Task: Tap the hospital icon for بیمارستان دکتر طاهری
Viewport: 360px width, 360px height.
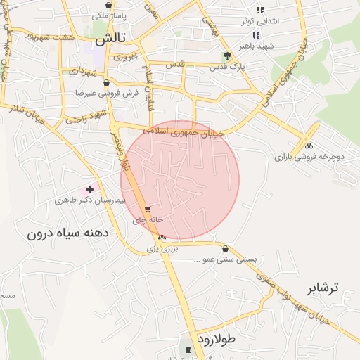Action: pyautogui.click(x=89, y=189)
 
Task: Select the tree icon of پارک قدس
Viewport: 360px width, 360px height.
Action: pyautogui.click(x=226, y=56)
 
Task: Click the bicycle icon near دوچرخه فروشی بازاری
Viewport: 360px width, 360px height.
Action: pyautogui.click(x=309, y=146)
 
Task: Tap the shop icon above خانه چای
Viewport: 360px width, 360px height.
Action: pyautogui.click(x=148, y=210)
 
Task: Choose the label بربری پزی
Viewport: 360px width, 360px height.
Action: pyautogui.click(x=163, y=248)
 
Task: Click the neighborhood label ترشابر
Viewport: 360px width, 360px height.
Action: pyautogui.click(x=323, y=288)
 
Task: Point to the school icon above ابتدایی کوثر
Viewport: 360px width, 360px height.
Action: pyautogui.click(x=259, y=10)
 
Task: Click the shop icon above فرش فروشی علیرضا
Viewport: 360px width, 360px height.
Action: pyautogui.click(x=106, y=82)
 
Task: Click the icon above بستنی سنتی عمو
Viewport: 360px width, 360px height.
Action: pyautogui.click(x=225, y=249)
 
